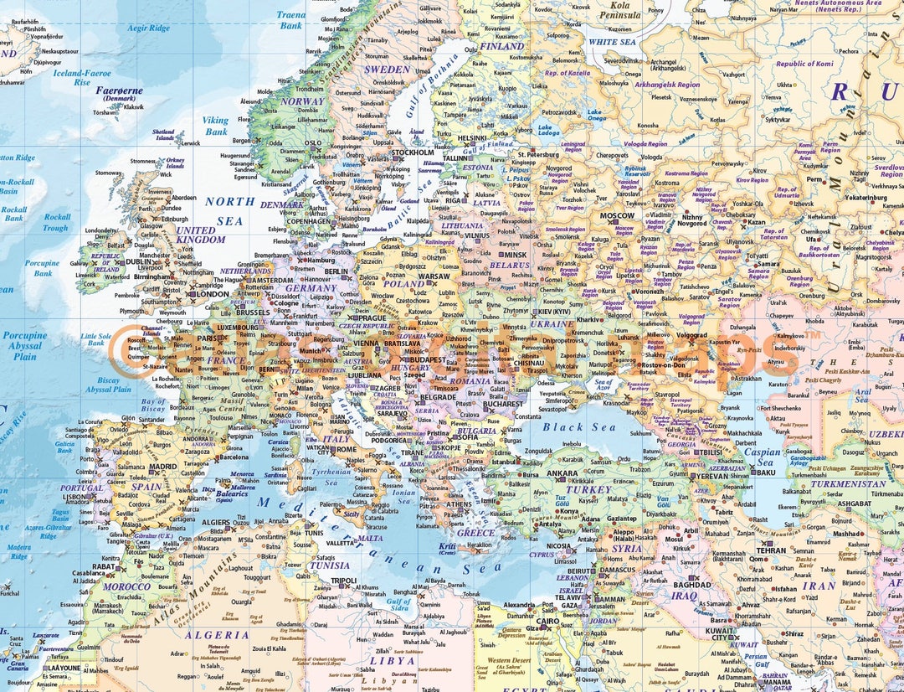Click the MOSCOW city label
(617, 215)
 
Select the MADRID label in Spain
(162, 467)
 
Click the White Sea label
(613, 41)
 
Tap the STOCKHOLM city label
(413, 152)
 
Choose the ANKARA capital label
(562, 473)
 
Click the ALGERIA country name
(218, 635)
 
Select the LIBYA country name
(393, 659)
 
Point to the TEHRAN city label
(771, 550)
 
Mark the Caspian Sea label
(762, 457)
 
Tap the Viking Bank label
(216, 126)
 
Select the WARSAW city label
(434, 275)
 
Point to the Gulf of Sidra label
(399, 605)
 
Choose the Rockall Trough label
(56, 222)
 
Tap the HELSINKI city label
(471, 138)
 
